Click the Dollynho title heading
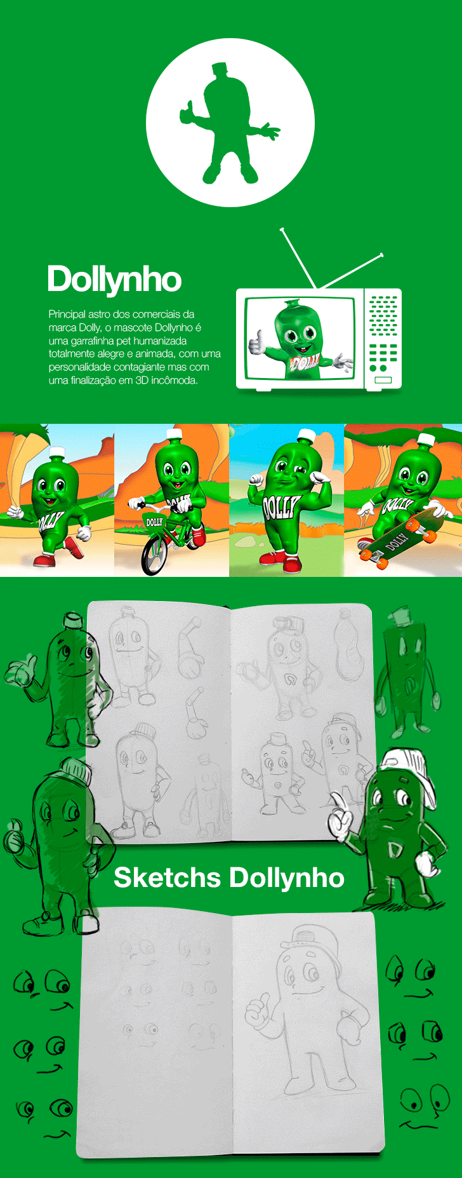point(114,280)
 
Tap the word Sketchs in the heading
point(167,877)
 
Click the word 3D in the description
point(142,381)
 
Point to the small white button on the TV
point(383,380)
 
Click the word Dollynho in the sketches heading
point(286,877)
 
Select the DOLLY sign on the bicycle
point(154,522)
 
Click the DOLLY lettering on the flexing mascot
point(280,507)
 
